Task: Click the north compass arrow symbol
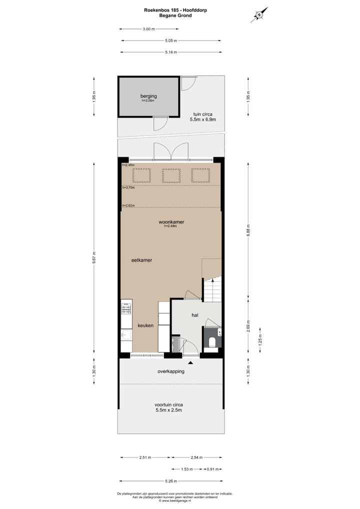(259, 15)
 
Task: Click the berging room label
(148, 96)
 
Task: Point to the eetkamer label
(141, 260)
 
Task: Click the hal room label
(195, 315)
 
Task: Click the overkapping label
(171, 371)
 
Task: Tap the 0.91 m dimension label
(212, 469)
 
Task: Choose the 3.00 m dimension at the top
(148, 29)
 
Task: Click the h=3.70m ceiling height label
(128, 188)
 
